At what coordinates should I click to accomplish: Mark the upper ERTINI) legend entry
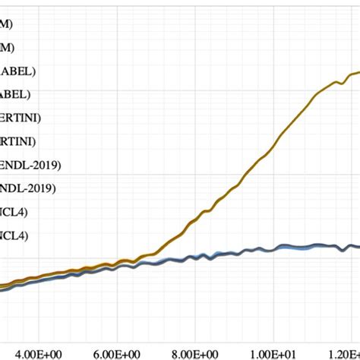click(21, 118)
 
